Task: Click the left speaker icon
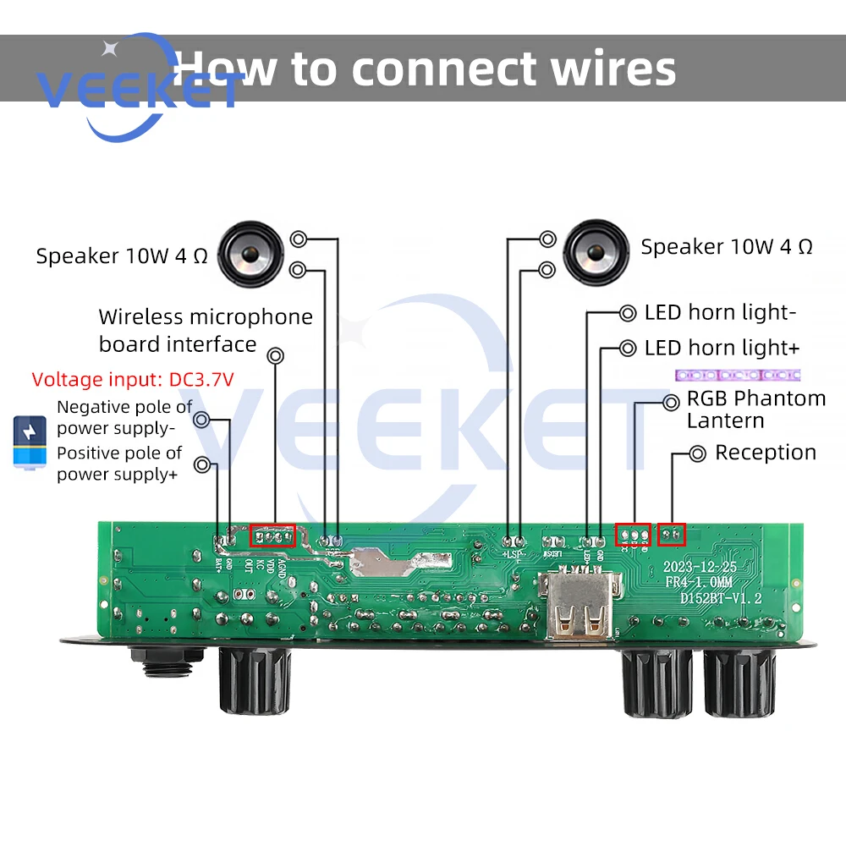click(248, 253)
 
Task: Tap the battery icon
click(30, 442)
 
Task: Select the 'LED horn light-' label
click(720, 313)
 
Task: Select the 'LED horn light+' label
click(722, 348)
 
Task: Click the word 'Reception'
click(766, 453)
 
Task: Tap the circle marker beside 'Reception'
click(697, 454)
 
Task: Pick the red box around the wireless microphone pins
click(272, 536)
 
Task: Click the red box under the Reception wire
click(672, 535)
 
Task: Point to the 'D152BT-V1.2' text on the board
click(721, 598)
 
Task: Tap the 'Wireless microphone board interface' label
click(206, 330)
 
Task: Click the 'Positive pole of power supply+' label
click(119, 464)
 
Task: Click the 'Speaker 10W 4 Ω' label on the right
click(726, 247)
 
